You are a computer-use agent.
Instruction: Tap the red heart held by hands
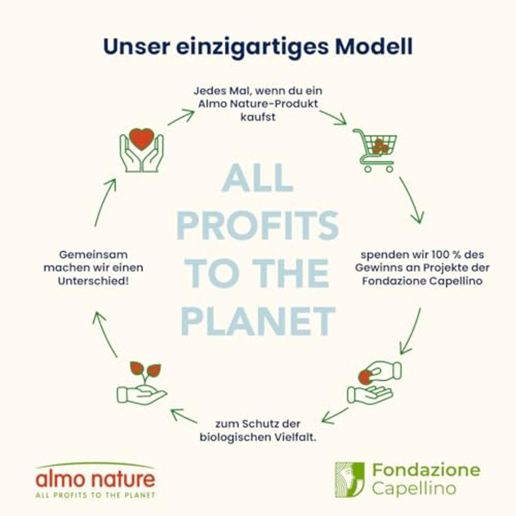pyautogui.click(x=141, y=139)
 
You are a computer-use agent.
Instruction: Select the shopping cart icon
pyautogui.click(x=375, y=150)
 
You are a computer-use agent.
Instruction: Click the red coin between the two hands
pyautogui.click(x=365, y=377)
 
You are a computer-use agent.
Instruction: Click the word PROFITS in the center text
pyautogui.click(x=258, y=226)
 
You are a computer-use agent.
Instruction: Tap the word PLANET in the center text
pyautogui.click(x=258, y=321)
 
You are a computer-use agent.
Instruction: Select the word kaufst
pyautogui.click(x=258, y=117)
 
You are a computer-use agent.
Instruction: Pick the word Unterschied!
pyautogui.click(x=93, y=281)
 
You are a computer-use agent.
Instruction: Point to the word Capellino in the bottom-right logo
pyautogui.click(x=414, y=488)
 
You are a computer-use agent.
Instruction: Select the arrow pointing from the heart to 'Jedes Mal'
pyautogui.click(x=181, y=117)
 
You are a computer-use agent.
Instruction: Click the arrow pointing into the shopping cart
pyautogui.click(x=333, y=117)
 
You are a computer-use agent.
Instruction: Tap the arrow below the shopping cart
pyautogui.click(x=413, y=200)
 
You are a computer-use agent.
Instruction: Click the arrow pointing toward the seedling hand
pyautogui.click(x=184, y=415)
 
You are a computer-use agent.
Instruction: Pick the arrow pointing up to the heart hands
pyautogui.click(x=105, y=203)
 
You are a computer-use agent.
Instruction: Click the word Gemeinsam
pyautogui.click(x=93, y=255)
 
